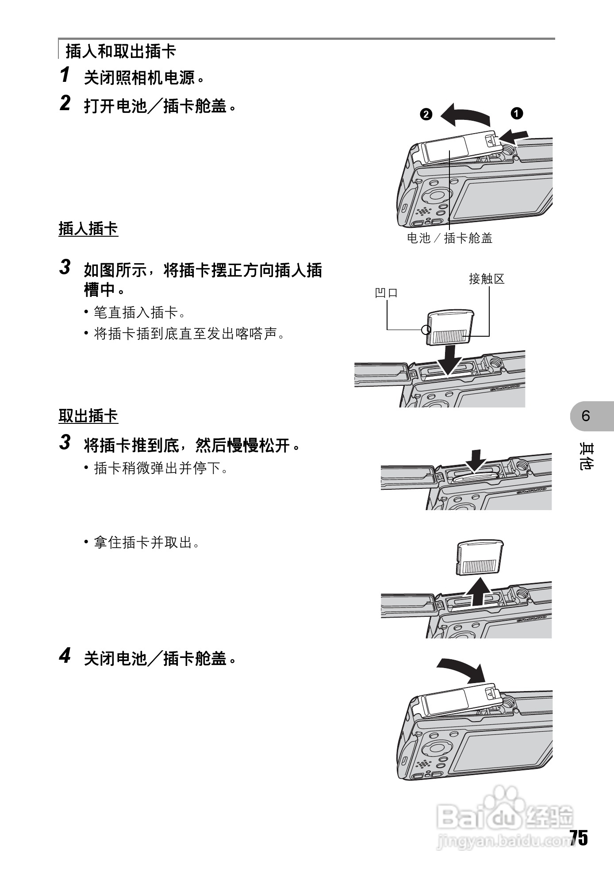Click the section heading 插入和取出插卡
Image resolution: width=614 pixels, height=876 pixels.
click(120, 51)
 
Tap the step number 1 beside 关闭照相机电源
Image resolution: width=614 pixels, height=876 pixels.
click(65, 75)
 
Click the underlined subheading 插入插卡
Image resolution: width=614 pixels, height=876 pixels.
click(88, 229)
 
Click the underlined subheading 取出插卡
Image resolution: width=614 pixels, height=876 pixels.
click(88, 416)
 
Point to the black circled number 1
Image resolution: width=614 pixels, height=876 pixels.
click(516, 113)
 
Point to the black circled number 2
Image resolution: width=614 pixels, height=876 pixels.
click(426, 114)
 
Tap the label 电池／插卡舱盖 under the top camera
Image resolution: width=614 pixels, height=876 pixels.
click(449, 238)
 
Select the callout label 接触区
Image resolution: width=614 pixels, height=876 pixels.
click(487, 279)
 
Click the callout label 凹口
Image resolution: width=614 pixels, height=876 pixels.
click(386, 292)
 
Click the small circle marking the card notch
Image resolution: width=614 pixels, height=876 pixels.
click(426, 329)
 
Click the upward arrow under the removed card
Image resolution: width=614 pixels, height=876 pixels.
click(479, 593)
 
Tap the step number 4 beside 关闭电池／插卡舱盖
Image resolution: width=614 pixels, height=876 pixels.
click(65, 656)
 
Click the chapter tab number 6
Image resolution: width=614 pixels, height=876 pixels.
click(586, 416)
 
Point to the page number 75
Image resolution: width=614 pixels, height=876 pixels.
click(578, 838)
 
